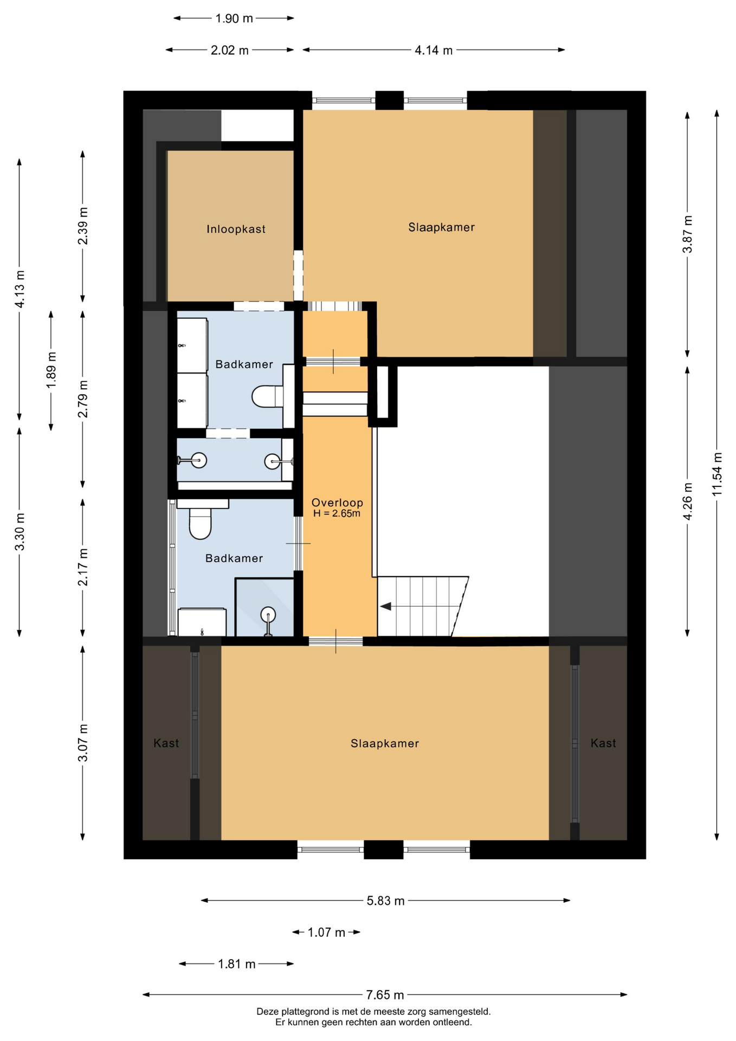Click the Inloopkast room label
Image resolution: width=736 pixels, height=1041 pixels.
point(236,229)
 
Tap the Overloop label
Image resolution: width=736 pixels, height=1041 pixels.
point(337,503)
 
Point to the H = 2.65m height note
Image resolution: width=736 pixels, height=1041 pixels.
point(337,513)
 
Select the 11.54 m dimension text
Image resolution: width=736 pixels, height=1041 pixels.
point(717,474)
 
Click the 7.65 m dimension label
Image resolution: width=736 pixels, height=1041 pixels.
point(385,995)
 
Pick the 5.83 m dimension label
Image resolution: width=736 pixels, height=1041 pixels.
point(385,901)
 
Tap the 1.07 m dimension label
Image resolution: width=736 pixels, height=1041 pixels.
point(326,933)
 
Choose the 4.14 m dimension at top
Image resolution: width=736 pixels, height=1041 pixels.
point(434,50)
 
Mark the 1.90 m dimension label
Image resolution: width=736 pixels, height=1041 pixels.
point(234,18)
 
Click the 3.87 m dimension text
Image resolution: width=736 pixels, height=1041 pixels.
point(687,234)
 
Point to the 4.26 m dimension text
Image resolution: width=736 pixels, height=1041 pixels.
point(687,501)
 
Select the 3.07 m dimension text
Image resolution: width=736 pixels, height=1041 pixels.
point(82,742)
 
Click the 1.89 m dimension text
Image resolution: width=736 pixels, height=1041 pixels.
point(51,370)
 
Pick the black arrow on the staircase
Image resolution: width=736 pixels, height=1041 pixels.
point(385,606)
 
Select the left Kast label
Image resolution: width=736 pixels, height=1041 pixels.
point(166,743)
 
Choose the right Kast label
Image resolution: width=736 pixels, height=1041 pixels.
point(603,743)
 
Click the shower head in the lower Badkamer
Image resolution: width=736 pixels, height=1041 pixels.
point(268,615)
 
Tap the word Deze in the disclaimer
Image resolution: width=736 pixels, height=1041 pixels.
point(268,1012)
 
